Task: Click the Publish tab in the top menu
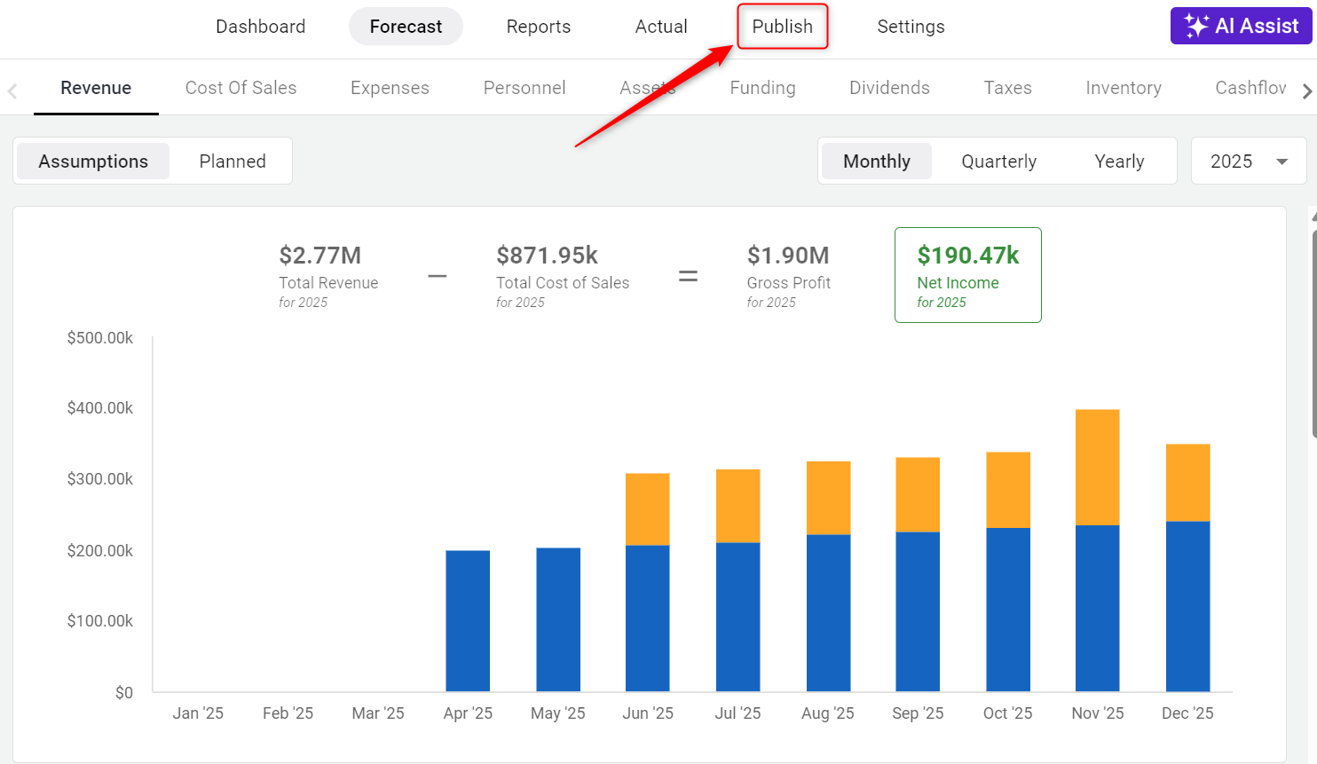pos(782,27)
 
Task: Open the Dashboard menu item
pos(260,27)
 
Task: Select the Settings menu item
pos(911,27)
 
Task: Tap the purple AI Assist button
pos(1241,26)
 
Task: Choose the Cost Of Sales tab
pos(241,88)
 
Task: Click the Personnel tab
pos(524,88)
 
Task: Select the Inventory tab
pos(1123,88)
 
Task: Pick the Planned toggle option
pos(233,161)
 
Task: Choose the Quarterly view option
pos(998,161)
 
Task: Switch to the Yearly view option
pos(1119,161)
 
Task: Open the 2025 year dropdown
pos(1248,161)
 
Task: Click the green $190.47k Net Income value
pos(967,256)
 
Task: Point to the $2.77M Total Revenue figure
pos(319,256)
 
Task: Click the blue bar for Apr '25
pos(468,620)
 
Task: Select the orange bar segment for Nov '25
pos(1097,467)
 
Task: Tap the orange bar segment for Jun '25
pos(648,508)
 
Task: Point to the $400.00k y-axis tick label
pos(100,408)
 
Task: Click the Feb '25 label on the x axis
pos(288,713)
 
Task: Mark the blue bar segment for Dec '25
pos(1187,605)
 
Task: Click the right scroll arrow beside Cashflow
pos(1306,91)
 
